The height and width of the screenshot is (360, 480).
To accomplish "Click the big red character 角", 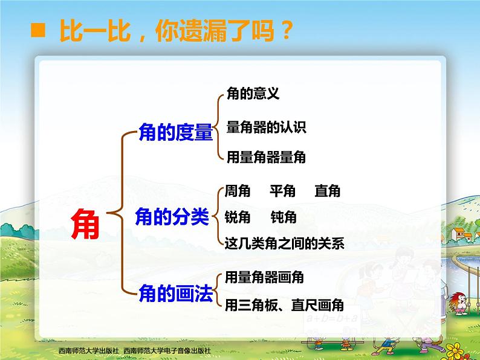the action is point(85,223).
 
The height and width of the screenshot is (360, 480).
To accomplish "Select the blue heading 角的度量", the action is point(176,132).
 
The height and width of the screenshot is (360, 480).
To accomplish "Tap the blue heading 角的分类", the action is point(172,217).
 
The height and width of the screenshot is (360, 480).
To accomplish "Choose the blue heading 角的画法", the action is point(176,293).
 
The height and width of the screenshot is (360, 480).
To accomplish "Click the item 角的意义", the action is point(253,93).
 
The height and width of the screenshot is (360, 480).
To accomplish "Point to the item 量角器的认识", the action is point(267,127).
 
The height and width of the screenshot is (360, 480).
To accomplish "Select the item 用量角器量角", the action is point(266,157).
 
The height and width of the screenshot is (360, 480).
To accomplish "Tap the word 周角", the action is point(238,191).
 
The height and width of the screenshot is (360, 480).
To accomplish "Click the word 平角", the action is point(282,191).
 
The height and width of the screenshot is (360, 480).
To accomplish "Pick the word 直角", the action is point(328,191).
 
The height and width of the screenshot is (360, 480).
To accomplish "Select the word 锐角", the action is point(238,217).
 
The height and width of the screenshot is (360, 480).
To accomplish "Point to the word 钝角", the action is point(284,217).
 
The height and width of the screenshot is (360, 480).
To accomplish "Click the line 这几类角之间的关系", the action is point(285,243).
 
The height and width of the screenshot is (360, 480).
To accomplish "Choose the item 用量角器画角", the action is point(264,277).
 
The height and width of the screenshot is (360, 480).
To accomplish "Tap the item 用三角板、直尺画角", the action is point(284,305).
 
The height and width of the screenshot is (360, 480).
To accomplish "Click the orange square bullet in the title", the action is point(38,30).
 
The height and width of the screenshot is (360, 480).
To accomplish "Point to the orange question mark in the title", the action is point(287,30).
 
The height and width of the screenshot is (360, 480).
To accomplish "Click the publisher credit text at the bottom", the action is point(135,350).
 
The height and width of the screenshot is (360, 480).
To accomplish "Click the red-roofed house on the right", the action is point(459,233).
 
